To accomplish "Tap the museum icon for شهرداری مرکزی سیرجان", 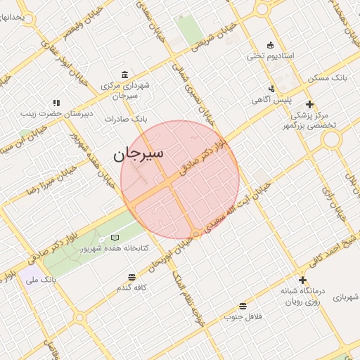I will tap(124, 75).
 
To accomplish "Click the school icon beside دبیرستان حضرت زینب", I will tap(56, 103).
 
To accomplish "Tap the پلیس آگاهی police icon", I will tap(271, 89).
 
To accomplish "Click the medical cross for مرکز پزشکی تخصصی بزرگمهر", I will tap(310, 104).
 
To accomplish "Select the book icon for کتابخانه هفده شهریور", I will tap(114, 238).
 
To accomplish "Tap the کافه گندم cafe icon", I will tap(131, 277).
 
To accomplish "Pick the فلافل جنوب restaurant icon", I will tap(243, 306).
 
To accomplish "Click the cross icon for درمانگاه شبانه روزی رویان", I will tap(302, 280).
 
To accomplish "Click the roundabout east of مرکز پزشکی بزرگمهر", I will tap(331, 139).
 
